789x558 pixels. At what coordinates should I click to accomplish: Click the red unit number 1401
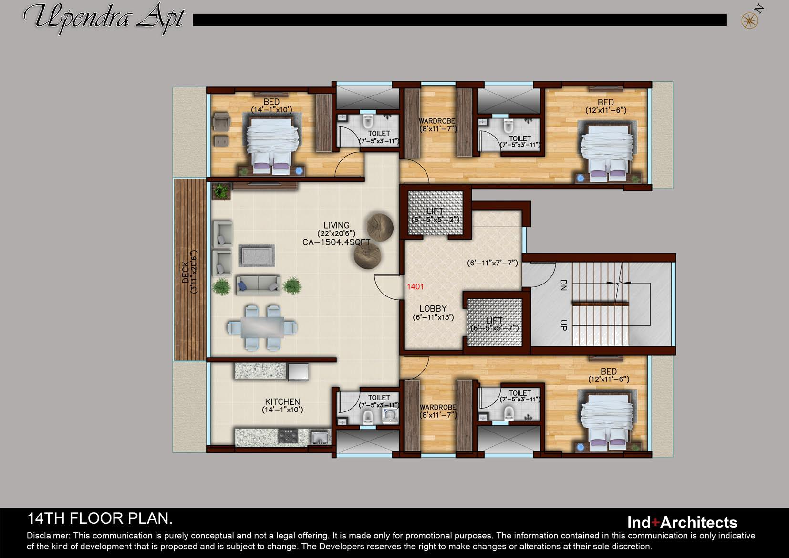click(415, 287)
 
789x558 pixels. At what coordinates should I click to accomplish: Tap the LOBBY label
click(433, 309)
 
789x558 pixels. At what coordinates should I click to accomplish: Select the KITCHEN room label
click(282, 402)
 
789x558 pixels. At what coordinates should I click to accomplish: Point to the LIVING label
click(336, 225)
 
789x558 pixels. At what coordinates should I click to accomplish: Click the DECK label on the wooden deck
click(186, 272)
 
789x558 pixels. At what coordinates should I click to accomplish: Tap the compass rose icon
click(749, 21)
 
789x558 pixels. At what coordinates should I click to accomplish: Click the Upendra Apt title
click(104, 18)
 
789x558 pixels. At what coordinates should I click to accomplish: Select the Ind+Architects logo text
click(682, 522)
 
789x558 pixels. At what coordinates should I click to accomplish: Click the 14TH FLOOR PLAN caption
click(100, 518)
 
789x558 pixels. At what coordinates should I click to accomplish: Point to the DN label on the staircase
click(563, 285)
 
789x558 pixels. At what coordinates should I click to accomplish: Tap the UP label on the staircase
click(563, 326)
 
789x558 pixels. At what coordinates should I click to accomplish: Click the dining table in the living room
click(262, 327)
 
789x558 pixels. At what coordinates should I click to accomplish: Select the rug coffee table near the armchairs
click(257, 255)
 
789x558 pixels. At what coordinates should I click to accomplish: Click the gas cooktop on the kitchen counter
click(289, 436)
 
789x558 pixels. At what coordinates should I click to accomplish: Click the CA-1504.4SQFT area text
click(336, 242)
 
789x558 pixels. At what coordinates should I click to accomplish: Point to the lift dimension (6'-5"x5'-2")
click(436, 220)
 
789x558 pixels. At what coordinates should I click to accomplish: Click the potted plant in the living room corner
click(221, 192)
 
